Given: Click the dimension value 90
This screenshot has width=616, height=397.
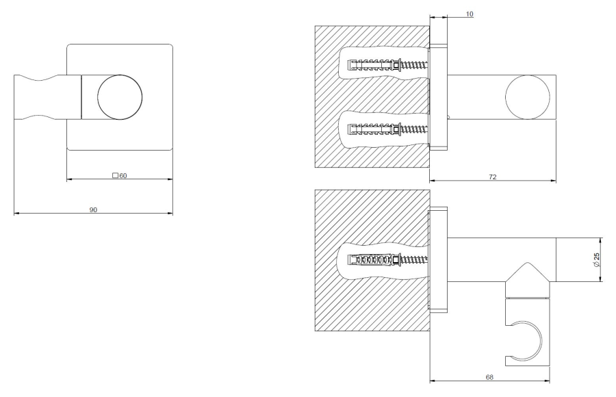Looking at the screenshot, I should click(x=93, y=209).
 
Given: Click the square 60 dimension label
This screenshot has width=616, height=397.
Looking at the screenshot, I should click(x=120, y=176).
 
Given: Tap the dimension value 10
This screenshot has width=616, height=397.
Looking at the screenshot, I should click(x=470, y=14).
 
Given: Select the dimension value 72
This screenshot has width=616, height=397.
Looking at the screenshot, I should click(x=492, y=177).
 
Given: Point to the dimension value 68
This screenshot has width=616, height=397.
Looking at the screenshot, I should click(x=490, y=376).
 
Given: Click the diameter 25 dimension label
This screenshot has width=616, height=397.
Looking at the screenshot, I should click(x=597, y=259).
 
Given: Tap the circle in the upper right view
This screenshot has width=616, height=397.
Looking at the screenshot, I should click(x=528, y=95).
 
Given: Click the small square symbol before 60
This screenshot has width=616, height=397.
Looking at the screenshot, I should click(x=116, y=176).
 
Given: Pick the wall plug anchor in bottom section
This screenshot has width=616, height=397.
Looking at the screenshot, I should click(x=370, y=259).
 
